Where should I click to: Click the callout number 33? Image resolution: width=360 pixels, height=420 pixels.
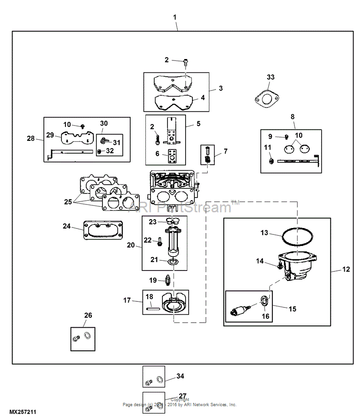[x=270, y=77]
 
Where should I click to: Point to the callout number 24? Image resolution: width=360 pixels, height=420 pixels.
[x=67, y=226]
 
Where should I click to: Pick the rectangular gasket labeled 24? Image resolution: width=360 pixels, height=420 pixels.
[x=102, y=230]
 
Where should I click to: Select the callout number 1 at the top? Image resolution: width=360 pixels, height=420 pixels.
[x=175, y=17]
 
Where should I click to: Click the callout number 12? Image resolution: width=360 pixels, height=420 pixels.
[x=346, y=270]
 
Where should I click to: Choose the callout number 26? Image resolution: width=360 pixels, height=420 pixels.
[x=88, y=315]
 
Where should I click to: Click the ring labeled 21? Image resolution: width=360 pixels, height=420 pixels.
[x=173, y=262]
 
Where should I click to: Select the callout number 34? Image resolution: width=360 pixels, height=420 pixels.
[x=180, y=376]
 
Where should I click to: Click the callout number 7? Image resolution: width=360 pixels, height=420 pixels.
[x=226, y=151]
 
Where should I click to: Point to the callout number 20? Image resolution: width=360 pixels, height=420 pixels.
[x=130, y=245]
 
